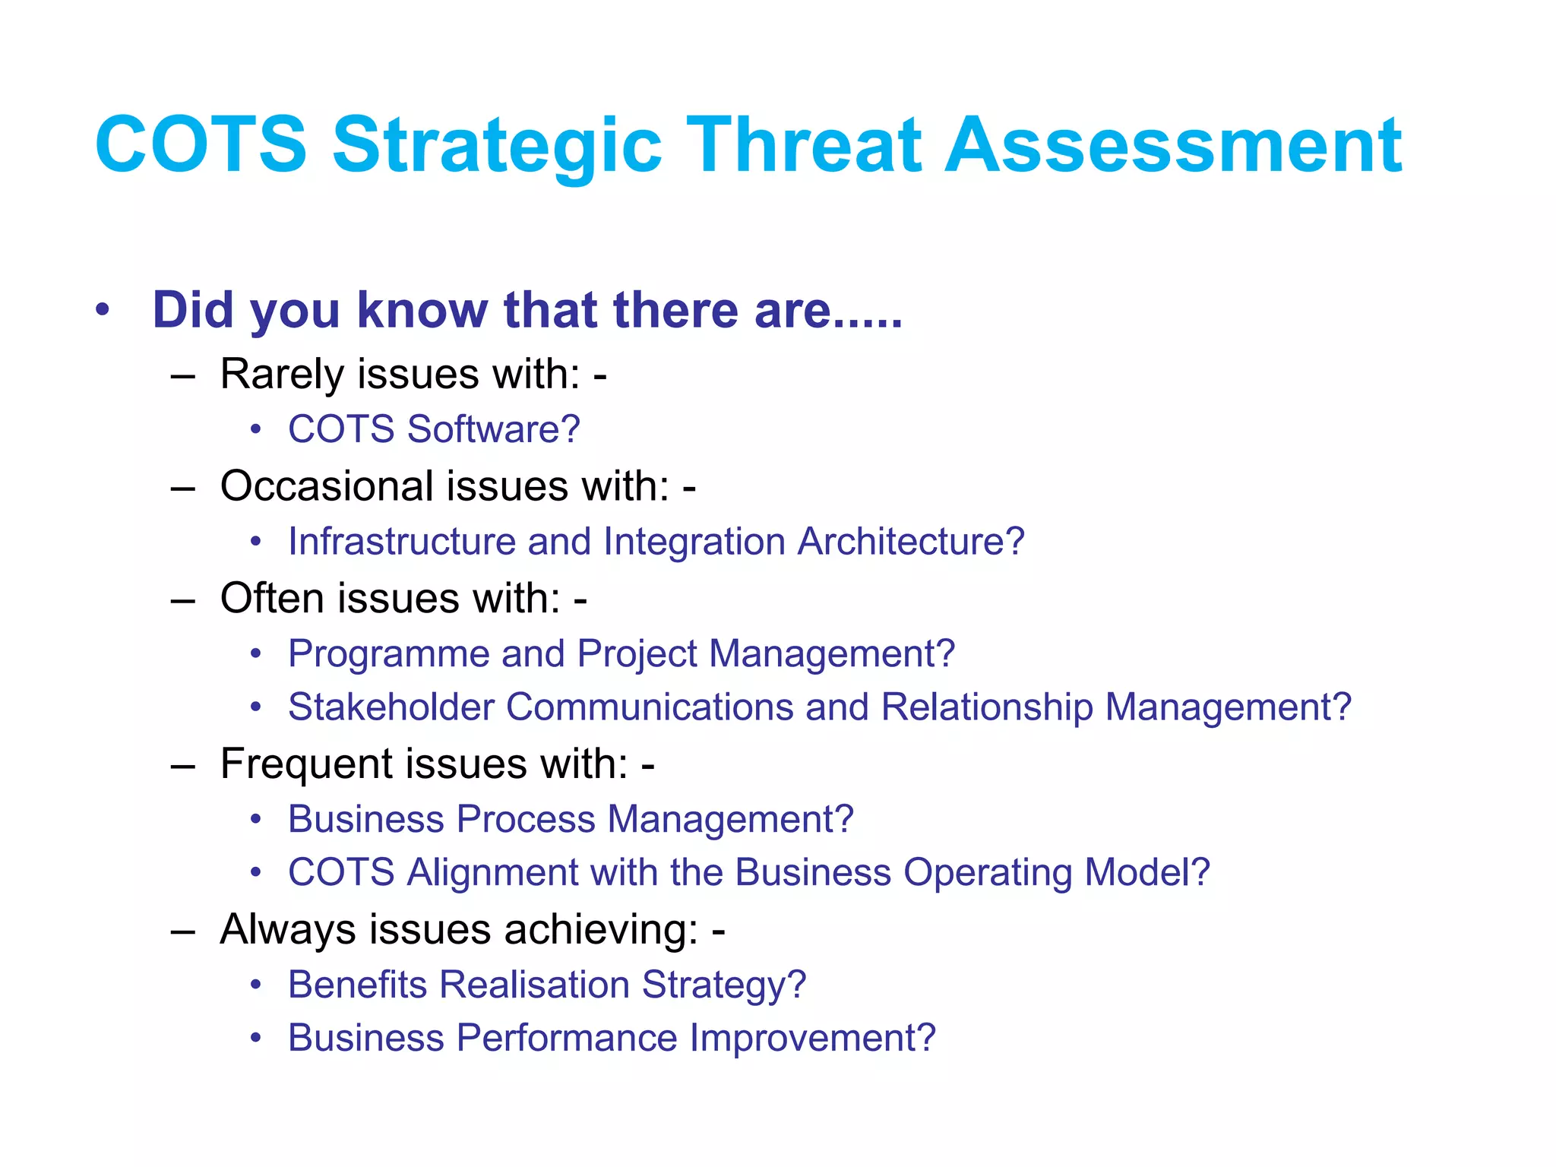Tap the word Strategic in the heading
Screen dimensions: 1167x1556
tap(497, 146)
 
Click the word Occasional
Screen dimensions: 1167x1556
tap(327, 486)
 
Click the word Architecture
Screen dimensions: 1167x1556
tap(910, 542)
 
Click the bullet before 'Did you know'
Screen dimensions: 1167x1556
tap(103, 310)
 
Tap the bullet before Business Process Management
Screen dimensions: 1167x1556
tap(257, 820)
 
